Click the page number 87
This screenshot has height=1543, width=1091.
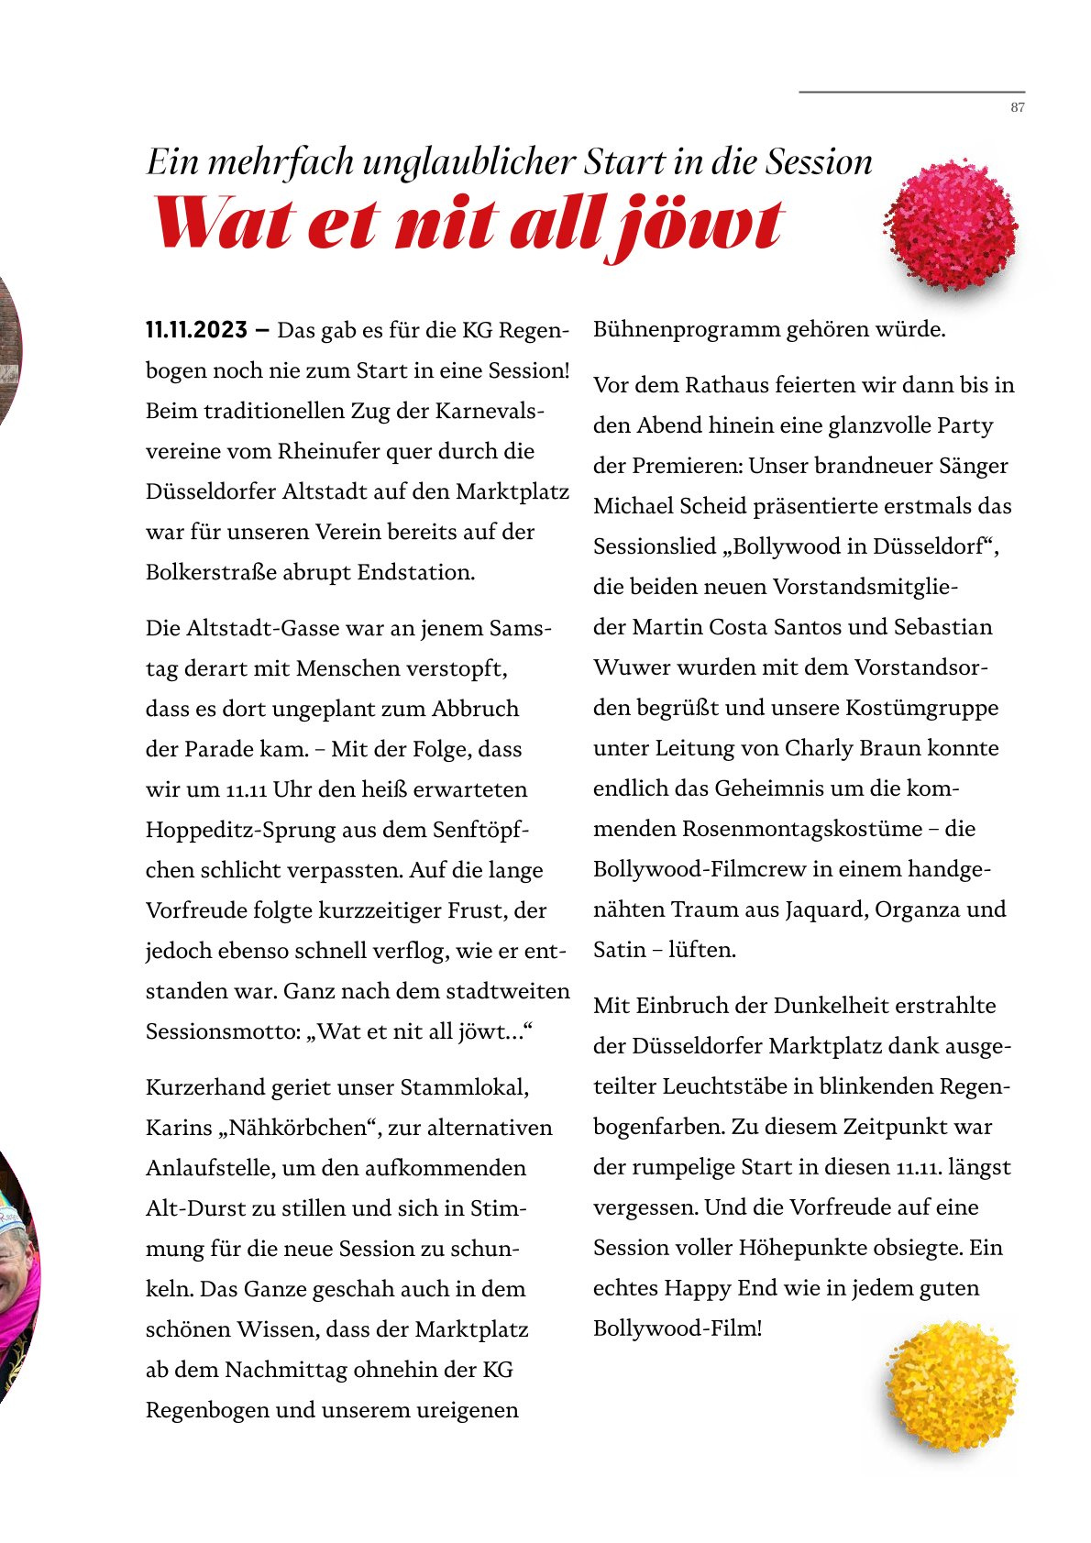1018,108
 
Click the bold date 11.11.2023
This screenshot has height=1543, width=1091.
196,330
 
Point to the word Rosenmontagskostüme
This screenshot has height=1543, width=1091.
801,829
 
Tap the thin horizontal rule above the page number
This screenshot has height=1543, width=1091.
911,92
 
